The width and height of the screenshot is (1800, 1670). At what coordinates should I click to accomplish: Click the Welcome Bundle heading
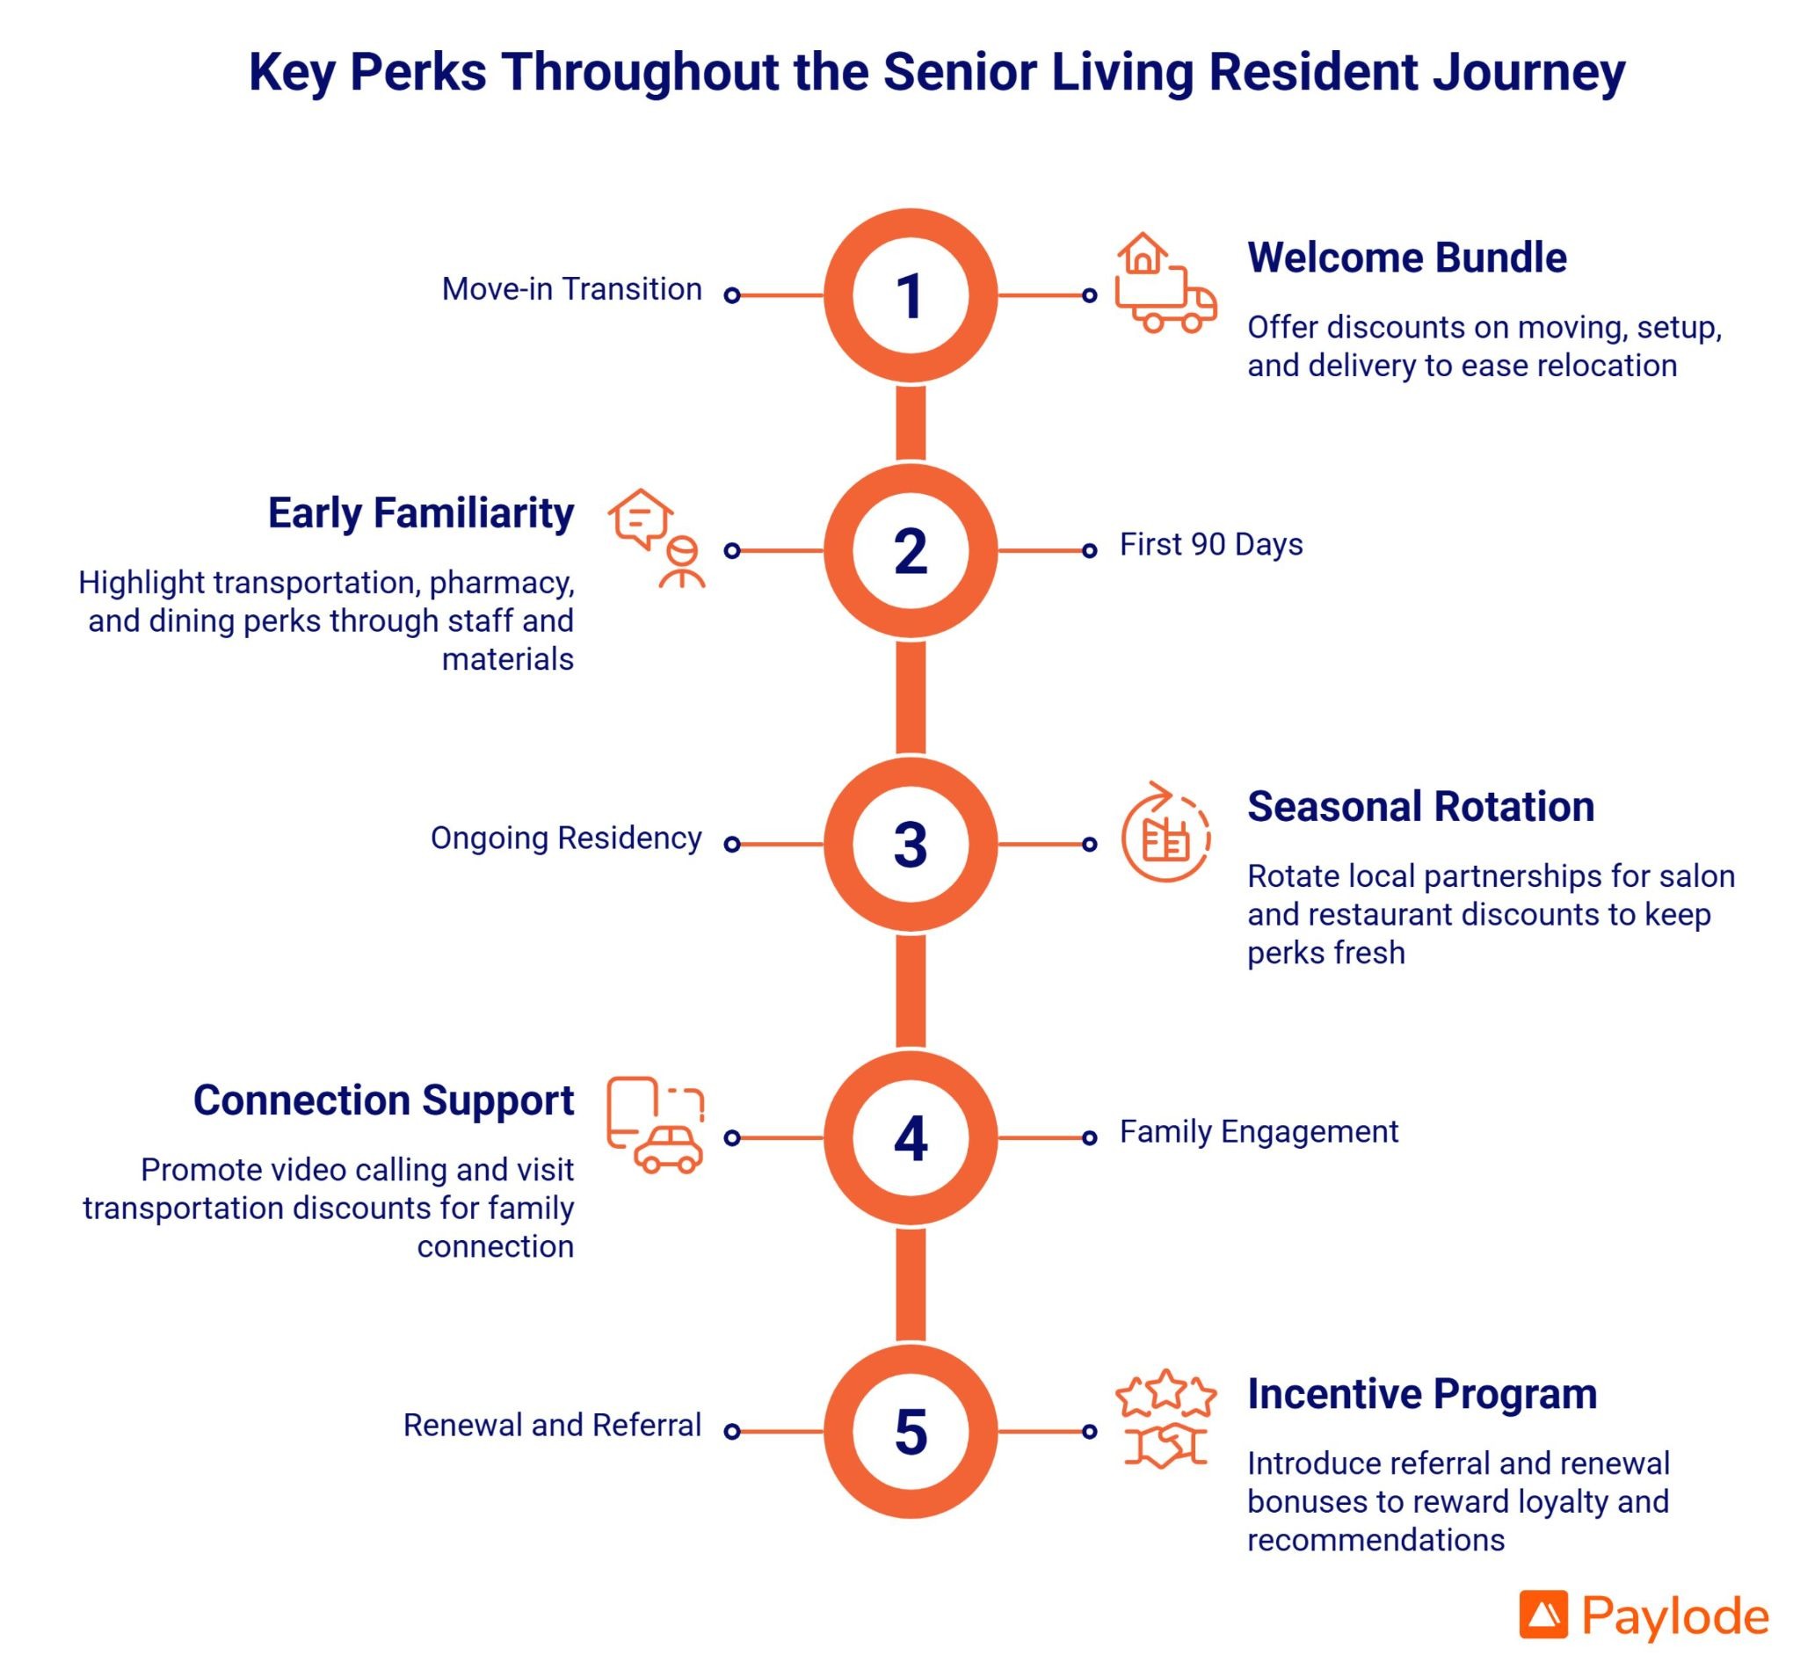point(1406,258)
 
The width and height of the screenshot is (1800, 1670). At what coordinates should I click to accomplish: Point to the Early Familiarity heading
point(421,513)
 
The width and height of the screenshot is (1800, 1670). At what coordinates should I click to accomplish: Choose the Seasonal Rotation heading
point(1420,806)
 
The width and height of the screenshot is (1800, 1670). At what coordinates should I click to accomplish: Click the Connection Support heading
point(384,1100)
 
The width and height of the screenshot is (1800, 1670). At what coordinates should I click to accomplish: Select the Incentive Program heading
point(1422,1393)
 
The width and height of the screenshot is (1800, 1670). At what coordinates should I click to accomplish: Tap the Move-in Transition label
point(572,289)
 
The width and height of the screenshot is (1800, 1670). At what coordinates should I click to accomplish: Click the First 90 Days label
point(1211,544)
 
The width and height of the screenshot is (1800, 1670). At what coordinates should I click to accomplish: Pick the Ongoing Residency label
point(566,838)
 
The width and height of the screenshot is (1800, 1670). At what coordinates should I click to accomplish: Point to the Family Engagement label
point(1259,1131)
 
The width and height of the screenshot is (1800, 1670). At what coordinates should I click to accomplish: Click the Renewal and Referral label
point(552,1425)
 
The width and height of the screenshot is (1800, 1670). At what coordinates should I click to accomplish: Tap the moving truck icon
point(1165,283)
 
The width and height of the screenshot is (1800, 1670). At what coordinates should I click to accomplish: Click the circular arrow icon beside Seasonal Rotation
point(1165,831)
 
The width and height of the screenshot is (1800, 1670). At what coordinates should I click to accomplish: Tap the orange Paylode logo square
point(1543,1614)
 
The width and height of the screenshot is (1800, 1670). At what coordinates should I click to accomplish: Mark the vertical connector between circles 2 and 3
point(910,697)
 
